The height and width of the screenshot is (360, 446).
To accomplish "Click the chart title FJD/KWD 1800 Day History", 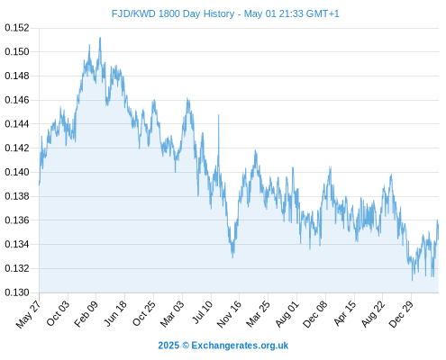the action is tap(173, 13).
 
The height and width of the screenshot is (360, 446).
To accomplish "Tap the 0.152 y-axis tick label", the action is tap(17, 28).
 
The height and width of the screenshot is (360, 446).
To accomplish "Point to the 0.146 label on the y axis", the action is tap(17, 100).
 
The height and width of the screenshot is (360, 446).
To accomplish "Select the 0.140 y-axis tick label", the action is tap(17, 172).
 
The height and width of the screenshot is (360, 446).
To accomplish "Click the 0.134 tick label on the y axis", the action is tap(17, 244).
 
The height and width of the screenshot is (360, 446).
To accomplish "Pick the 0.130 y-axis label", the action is tap(17, 292).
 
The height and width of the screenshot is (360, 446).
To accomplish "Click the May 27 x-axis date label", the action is tap(28, 314).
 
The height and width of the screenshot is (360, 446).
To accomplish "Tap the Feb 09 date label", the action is tap(86, 314).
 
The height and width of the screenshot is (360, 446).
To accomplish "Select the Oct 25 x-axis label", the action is tap(144, 313).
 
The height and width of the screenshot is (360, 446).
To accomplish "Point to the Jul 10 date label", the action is tap(203, 312).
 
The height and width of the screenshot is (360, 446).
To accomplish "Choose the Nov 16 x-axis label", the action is tap(229, 314).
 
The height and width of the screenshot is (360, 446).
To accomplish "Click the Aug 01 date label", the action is tap(287, 314).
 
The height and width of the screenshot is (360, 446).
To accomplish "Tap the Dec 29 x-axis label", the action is tap(401, 314).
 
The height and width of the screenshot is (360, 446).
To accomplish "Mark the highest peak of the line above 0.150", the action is tap(100, 38).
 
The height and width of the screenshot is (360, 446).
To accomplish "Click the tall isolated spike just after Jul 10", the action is tap(218, 115).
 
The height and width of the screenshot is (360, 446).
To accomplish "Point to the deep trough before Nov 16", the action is tap(232, 257).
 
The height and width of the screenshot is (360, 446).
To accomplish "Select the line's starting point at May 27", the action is tap(39, 184).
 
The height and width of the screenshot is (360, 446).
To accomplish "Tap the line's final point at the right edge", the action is tap(438, 240).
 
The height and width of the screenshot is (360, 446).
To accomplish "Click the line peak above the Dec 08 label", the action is tap(330, 166).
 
